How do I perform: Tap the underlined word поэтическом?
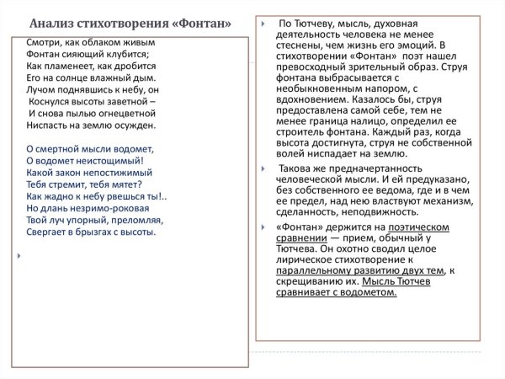click(419, 227)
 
